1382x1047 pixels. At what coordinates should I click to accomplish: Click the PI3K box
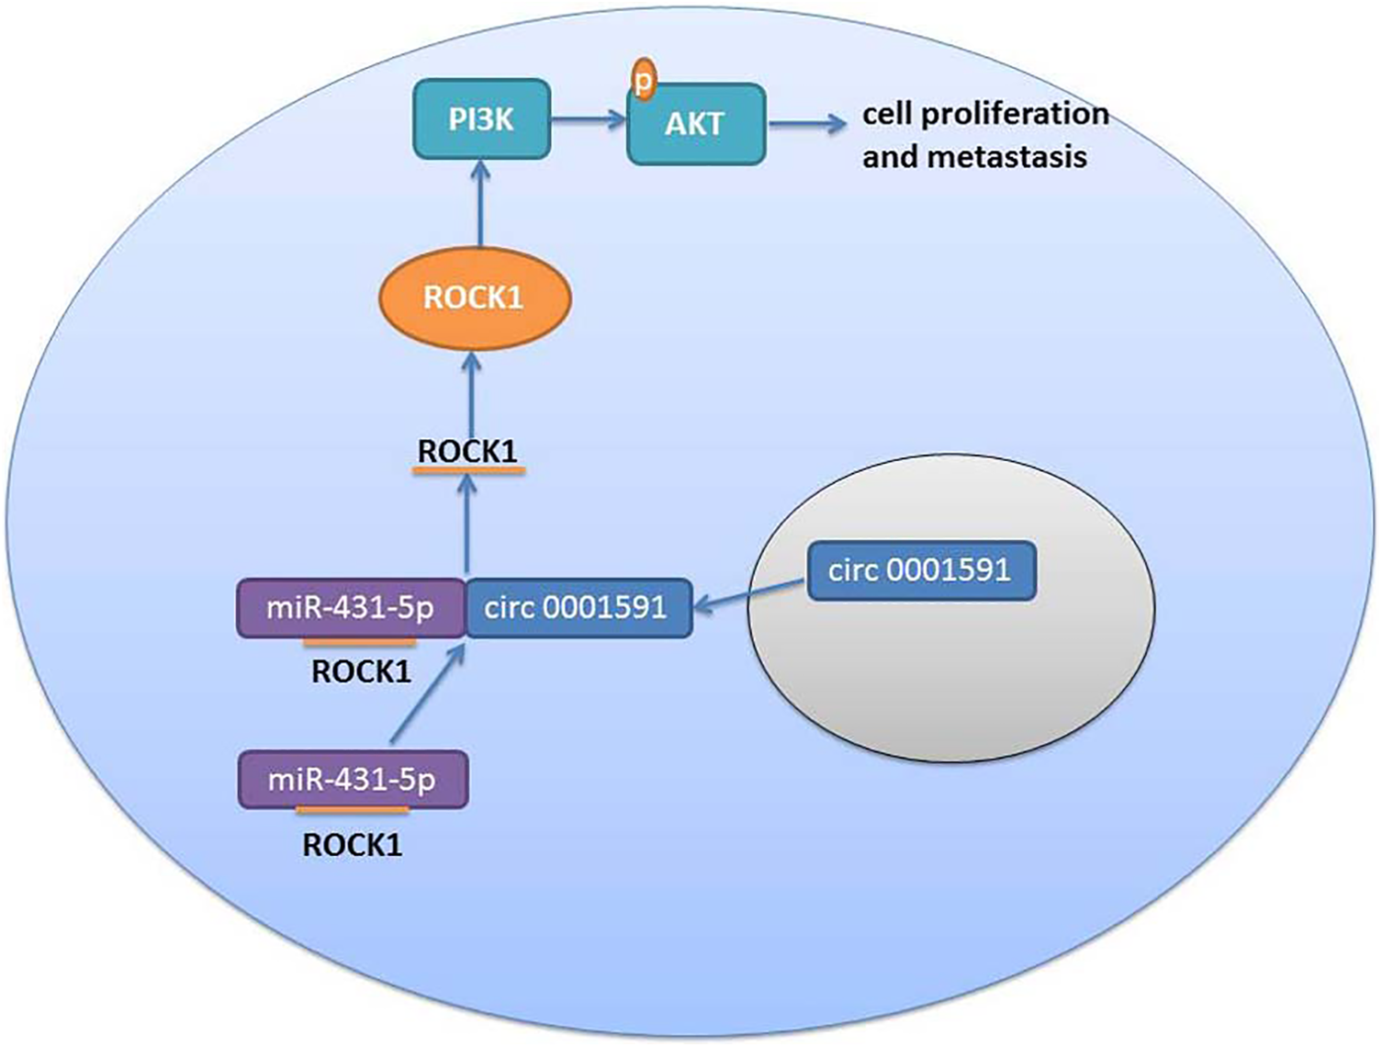click(482, 118)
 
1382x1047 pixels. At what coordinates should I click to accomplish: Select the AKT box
click(696, 124)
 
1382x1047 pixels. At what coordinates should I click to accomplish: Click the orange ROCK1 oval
click(475, 298)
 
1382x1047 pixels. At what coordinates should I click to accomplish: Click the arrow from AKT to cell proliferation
click(807, 123)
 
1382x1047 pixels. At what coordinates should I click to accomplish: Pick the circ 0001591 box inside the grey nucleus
click(922, 570)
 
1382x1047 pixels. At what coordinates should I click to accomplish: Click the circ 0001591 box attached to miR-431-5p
click(579, 608)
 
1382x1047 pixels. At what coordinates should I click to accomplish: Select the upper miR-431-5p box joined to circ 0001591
click(351, 608)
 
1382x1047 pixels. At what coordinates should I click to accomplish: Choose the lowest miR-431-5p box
click(353, 780)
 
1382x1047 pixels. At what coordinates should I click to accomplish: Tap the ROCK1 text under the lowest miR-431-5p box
click(353, 845)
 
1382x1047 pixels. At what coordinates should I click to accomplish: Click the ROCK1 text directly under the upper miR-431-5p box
click(362, 671)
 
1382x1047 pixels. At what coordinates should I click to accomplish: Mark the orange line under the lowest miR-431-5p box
click(353, 810)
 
